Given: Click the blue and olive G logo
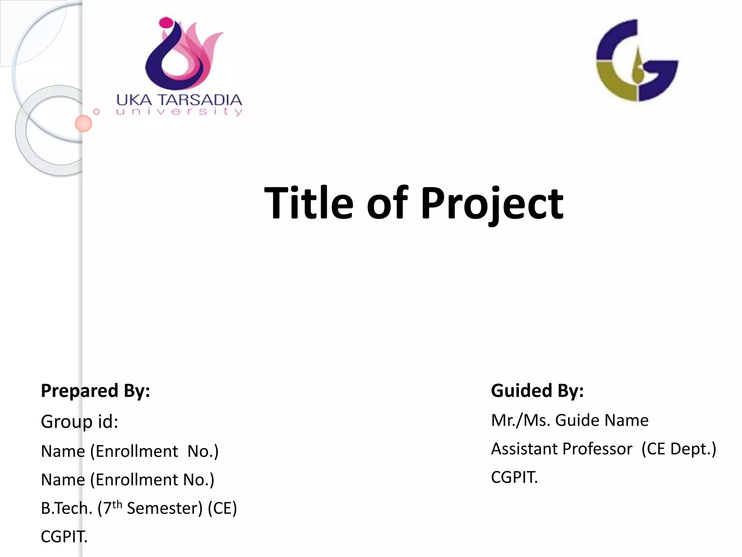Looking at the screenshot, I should click(x=637, y=61).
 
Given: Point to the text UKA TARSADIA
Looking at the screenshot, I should click(x=179, y=100).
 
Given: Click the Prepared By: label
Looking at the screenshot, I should click(x=95, y=391).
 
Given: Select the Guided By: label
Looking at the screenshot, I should click(x=537, y=391).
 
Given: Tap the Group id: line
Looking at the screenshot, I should click(x=79, y=421).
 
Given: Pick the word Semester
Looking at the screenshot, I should click(x=164, y=508).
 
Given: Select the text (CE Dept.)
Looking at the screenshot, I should click(x=679, y=449).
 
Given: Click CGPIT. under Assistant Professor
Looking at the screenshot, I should click(x=514, y=477).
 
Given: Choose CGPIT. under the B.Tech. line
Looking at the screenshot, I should click(x=64, y=537).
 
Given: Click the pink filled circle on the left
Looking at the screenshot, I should click(x=83, y=123).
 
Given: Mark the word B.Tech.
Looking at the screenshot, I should click(x=67, y=508).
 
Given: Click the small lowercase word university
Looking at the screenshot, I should click(x=179, y=111).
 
